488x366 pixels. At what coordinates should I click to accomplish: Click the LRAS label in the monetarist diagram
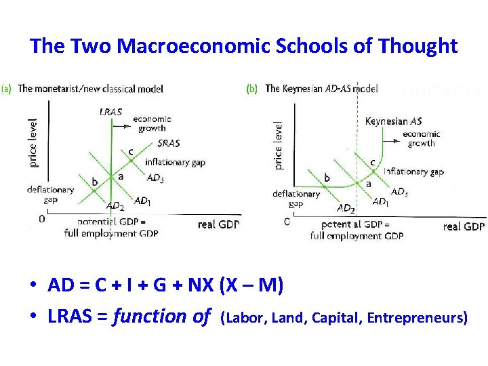(x=110, y=112)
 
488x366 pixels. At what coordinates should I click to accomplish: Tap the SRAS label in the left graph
(x=168, y=144)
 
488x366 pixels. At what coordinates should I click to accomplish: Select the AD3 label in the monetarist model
(x=155, y=178)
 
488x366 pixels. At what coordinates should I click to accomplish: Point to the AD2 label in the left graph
(x=115, y=206)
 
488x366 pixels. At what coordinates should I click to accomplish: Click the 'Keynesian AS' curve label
(x=393, y=121)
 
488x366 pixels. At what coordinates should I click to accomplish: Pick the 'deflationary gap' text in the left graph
(x=51, y=195)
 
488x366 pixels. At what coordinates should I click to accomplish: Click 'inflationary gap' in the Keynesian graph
(x=413, y=172)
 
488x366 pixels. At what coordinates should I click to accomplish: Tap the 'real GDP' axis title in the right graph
(x=464, y=226)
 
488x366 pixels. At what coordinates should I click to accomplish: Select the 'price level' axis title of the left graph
(x=33, y=142)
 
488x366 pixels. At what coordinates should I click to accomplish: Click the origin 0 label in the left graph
(x=42, y=219)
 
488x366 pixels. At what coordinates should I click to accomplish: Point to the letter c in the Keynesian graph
(x=372, y=162)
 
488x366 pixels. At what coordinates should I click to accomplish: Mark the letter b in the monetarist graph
(x=95, y=182)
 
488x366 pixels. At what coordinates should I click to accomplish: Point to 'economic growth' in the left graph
(x=152, y=123)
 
